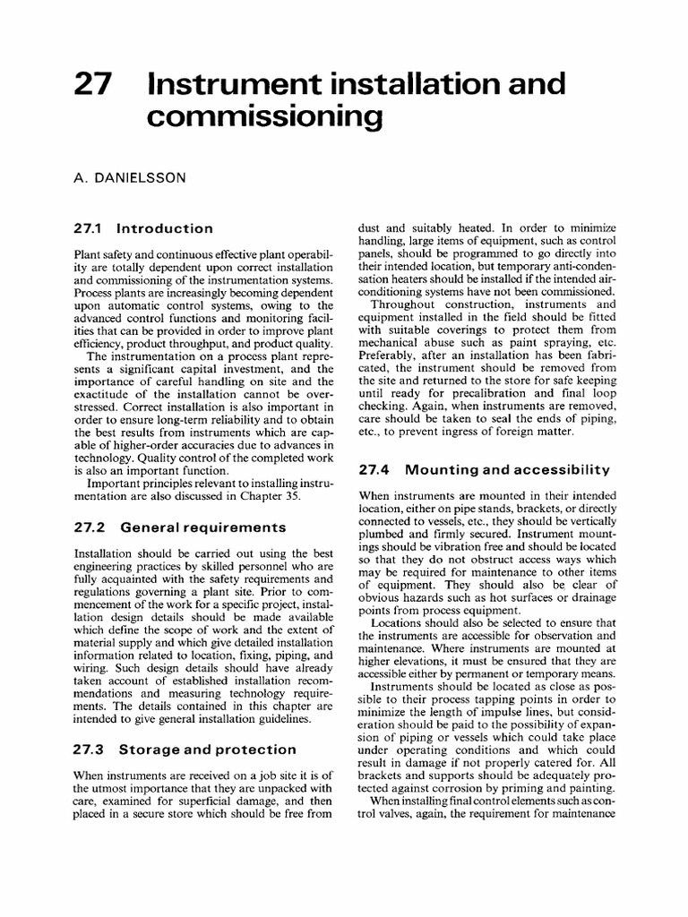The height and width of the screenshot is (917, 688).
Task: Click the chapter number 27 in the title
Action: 92,85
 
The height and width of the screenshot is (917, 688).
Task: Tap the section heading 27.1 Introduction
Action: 143,228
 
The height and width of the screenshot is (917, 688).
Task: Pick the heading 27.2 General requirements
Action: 179,527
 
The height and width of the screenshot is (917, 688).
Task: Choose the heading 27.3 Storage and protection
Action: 185,749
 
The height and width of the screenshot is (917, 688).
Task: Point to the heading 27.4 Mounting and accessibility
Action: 484,469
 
